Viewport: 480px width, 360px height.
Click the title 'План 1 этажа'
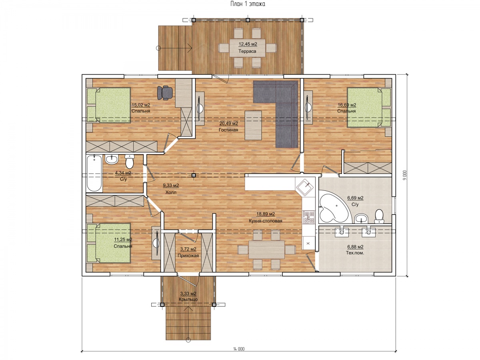(248, 4)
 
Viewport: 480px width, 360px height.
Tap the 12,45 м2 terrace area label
(248, 44)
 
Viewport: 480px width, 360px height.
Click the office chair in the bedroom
(165, 93)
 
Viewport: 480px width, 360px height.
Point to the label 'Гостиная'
(228, 130)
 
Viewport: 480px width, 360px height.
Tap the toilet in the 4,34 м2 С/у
(130, 161)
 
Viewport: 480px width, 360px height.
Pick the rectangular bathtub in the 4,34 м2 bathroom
(94, 173)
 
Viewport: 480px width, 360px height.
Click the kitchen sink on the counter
(305, 187)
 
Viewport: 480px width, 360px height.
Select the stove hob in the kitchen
(308, 217)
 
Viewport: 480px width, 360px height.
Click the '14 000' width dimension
(238, 349)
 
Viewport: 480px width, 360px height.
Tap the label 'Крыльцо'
(188, 300)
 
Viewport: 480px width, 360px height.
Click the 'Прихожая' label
(188, 256)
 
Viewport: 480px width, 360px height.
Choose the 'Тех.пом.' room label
(355, 253)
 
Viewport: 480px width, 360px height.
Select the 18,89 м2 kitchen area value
(266, 214)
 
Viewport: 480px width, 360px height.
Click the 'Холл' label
(171, 192)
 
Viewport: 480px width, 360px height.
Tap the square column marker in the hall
(193, 175)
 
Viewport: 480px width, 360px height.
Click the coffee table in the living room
(253, 126)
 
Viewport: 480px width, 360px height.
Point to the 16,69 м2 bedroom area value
(347, 105)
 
